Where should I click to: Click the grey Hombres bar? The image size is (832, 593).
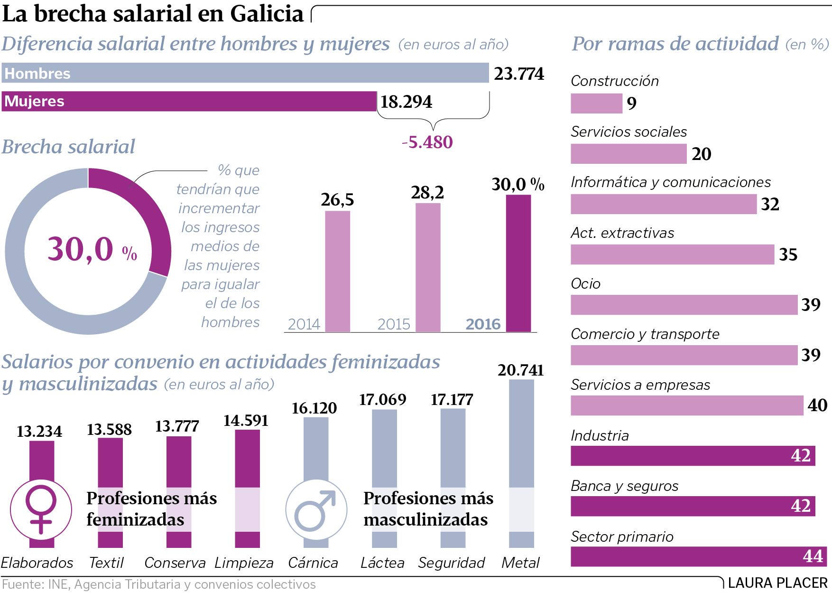click(245, 73)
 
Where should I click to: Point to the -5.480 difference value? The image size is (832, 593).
click(427, 142)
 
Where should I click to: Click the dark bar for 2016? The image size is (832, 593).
click(518, 264)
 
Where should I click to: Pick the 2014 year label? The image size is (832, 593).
click(304, 324)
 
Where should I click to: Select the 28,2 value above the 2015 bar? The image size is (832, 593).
click(427, 192)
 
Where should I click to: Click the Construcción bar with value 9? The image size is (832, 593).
click(596, 103)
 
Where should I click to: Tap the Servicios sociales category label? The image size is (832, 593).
click(629, 132)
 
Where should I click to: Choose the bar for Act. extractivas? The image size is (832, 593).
click(672, 254)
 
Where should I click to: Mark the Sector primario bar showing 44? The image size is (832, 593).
click(698, 556)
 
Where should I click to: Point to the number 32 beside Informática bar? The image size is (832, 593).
click(770, 204)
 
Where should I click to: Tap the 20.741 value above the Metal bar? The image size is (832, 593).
click(520, 370)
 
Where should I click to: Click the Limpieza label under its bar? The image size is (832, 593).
click(244, 563)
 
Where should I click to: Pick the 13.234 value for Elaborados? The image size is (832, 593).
click(39, 431)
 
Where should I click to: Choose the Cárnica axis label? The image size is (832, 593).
click(313, 563)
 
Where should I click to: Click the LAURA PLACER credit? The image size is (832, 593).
click(777, 583)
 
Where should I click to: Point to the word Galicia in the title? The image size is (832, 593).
click(267, 13)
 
